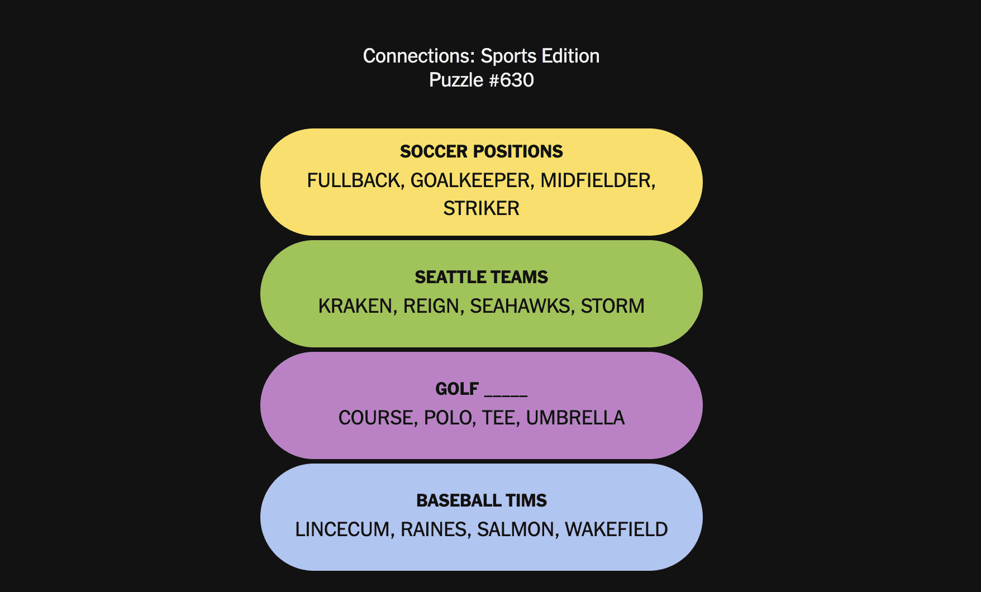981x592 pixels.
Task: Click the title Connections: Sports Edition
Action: (481, 56)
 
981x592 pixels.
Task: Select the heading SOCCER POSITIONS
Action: (482, 151)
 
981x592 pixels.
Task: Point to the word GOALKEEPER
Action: (470, 180)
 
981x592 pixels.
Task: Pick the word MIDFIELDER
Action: (596, 180)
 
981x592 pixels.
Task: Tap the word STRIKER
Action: (482, 208)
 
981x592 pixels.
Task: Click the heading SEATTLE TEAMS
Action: (482, 277)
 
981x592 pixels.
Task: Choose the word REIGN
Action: (431, 306)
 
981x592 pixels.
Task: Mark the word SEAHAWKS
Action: (520, 306)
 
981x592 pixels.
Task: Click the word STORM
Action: (613, 306)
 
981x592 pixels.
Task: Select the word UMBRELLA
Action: (575, 418)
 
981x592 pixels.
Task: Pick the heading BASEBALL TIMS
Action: (482, 500)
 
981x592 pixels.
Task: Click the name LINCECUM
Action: (342, 529)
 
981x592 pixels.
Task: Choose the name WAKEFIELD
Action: (616, 529)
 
